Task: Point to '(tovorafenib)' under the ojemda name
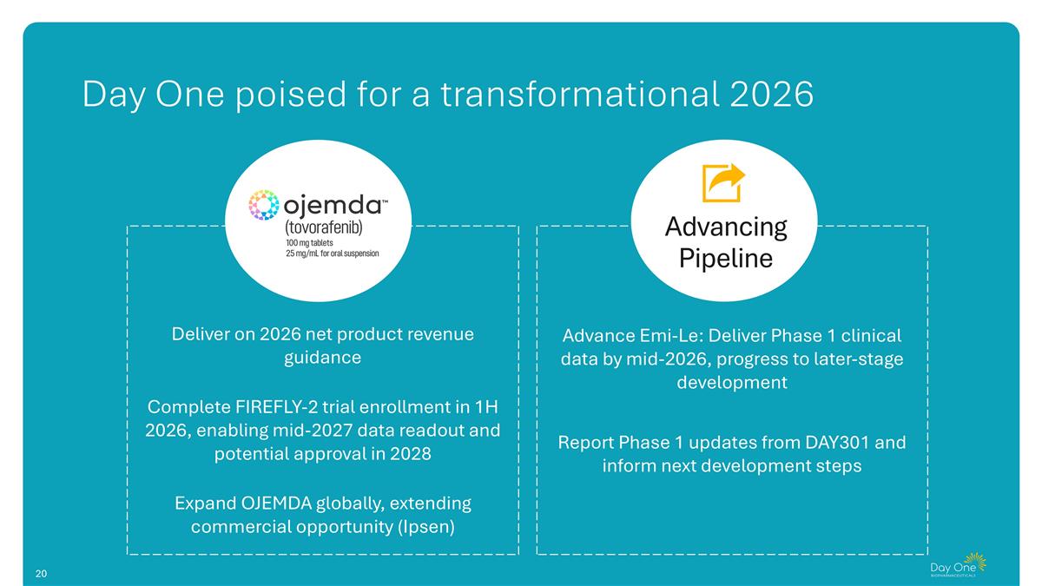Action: (324, 227)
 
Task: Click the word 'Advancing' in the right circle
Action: (725, 227)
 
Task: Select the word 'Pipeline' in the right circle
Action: (725, 259)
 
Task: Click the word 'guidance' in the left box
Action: (322, 358)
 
